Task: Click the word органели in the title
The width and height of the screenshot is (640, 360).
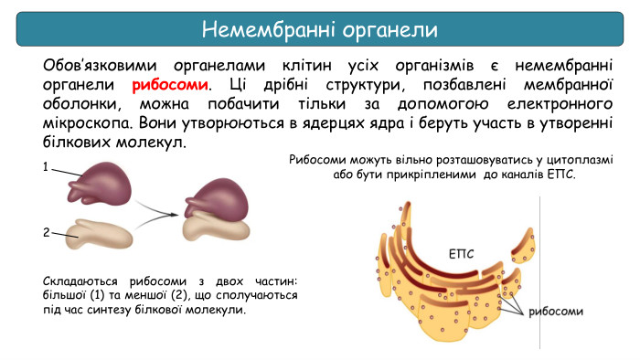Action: coord(386,29)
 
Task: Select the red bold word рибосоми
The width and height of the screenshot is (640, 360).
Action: coord(170,85)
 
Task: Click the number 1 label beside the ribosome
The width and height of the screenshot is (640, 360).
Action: coord(45,167)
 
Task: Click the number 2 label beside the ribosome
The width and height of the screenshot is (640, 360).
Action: coord(45,232)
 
